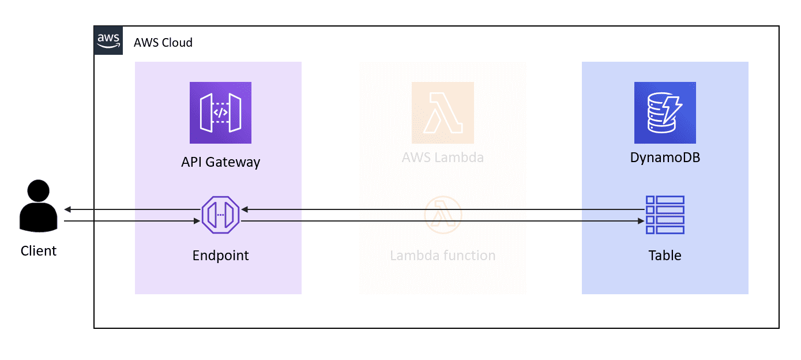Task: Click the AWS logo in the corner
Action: [x=108, y=40]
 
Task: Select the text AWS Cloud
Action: [x=163, y=43]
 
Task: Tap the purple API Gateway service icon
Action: [x=220, y=112]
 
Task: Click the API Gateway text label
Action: [x=220, y=162]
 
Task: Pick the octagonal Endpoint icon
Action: [x=220, y=215]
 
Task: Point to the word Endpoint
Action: [x=220, y=255]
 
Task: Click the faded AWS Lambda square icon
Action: [x=442, y=112]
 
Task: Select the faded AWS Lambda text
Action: [x=442, y=157]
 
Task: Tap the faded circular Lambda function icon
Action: [x=442, y=215]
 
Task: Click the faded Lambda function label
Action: [x=442, y=255]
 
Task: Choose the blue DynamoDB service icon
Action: [x=665, y=112]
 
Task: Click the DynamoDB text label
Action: [x=665, y=157]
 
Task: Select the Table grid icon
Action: [x=665, y=215]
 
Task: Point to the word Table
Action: [x=665, y=255]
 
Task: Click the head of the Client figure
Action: [x=39, y=191]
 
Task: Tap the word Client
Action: [x=39, y=251]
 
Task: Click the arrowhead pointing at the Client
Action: [x=67, y=209]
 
